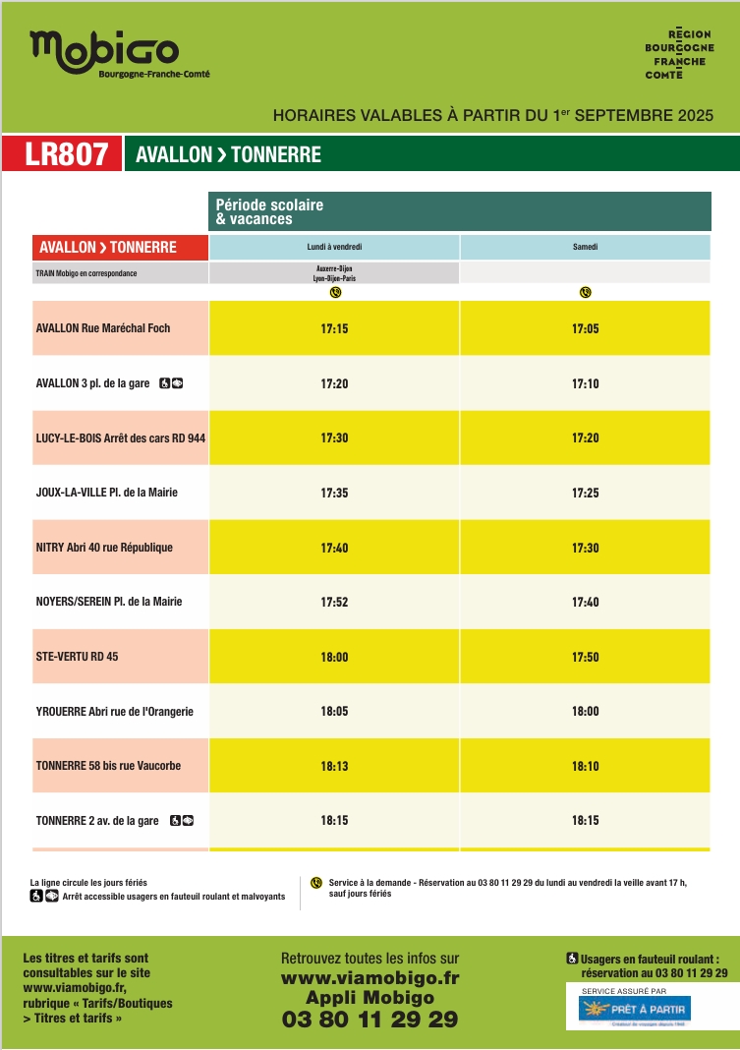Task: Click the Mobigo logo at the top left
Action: [x=104, y=50]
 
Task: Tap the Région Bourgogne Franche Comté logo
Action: [x=677, y=54]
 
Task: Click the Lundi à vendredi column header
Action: [x=334, y=247]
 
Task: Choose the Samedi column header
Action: [x=585, y=247]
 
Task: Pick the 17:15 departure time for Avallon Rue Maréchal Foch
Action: [x=334, y=328]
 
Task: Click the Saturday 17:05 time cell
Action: [x=585, y=328]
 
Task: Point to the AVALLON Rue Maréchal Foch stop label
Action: [x=103, y=328]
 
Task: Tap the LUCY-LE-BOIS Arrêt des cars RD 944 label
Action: [x=120, y=437]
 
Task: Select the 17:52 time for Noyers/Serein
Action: [x=334, y=602]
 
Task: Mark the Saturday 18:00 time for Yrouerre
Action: [x=585, y=711]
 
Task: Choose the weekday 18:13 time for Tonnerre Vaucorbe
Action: [x=334, y=766]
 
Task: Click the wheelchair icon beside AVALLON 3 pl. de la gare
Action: [x=165, y=383]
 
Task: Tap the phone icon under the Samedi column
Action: [x=585, y=292]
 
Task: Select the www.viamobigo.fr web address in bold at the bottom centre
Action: [x=370, y=978]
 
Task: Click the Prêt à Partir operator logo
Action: [x=635, y=1009]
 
